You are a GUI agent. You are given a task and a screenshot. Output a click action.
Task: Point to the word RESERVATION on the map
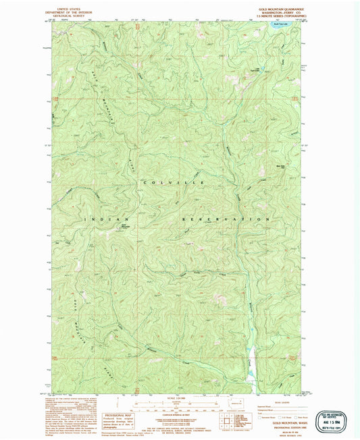point(225,219)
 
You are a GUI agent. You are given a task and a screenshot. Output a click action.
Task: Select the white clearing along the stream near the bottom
point(252,351)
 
